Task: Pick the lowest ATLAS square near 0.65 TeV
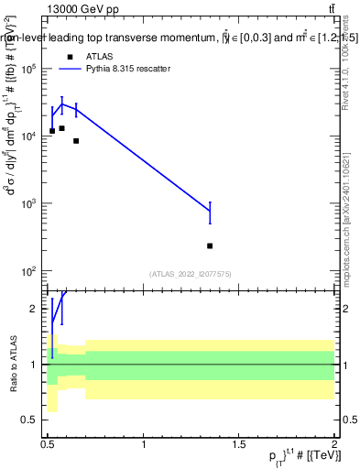coord(76,141)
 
